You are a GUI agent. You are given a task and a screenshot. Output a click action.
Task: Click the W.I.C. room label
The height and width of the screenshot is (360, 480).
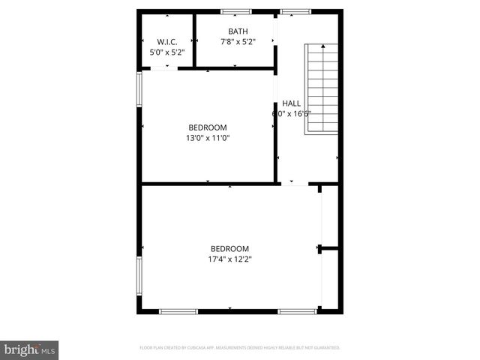tap(166, 41)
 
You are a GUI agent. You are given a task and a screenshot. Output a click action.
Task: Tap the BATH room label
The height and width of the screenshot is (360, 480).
tap(238, 31)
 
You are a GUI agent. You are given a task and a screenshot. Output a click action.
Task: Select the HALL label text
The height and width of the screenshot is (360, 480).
tap(291, 103)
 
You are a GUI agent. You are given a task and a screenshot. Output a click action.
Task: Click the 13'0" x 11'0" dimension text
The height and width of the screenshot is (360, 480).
tap(207, 138)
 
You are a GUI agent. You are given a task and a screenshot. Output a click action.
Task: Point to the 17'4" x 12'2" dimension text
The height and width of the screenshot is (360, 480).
tap(229, 259)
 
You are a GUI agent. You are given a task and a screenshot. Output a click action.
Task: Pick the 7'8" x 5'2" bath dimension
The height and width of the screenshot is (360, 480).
tap(238, 42)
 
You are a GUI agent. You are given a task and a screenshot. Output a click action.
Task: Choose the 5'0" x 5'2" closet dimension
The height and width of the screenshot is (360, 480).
tap(166, 52)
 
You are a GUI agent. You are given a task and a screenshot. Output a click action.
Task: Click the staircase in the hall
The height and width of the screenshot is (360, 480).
tap(321, 88)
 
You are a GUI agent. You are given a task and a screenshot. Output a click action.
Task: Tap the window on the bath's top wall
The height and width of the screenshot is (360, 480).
tap(236, 11)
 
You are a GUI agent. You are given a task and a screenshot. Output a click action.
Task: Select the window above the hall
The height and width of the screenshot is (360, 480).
tap(295, 11)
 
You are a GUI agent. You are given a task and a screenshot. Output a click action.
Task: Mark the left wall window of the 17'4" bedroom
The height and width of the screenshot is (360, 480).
tap(139, 276)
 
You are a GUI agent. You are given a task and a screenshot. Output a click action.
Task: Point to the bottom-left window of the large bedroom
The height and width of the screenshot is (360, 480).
tap(178, 311)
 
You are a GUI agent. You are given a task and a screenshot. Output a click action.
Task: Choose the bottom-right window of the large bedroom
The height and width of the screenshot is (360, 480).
tap(296, 311)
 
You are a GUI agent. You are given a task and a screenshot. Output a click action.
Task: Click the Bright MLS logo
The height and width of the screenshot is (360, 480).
tap(30, 349)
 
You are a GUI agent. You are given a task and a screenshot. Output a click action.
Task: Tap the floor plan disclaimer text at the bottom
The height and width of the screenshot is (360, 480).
tap(240, 348)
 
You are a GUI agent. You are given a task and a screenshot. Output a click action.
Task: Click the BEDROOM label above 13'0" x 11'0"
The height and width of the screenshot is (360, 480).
tap(207, 127)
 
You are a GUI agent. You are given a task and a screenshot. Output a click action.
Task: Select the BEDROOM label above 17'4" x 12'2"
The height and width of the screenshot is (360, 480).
tap(229, 249)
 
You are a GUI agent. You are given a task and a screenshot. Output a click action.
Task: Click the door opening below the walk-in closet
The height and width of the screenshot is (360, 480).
tap(164, 69)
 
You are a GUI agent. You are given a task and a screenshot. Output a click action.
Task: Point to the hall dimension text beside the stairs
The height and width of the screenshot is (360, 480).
tap(291, 114)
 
